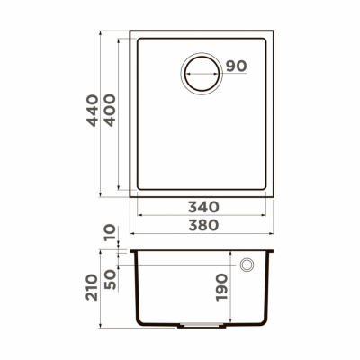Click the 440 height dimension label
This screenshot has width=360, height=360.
pyautogui.click(x=91, y=111)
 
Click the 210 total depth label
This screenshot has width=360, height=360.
pyautogui.click(x=91, y=291)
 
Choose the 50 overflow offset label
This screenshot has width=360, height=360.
pyautogui.click(x=111, y=278)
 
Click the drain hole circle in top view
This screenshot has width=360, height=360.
pyautogui.click(x=201, y=71)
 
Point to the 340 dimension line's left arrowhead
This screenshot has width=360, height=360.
pyautogui.click(x=139, y=215)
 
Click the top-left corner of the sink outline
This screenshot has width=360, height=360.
pyautogui.click(x=131, y=34)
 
